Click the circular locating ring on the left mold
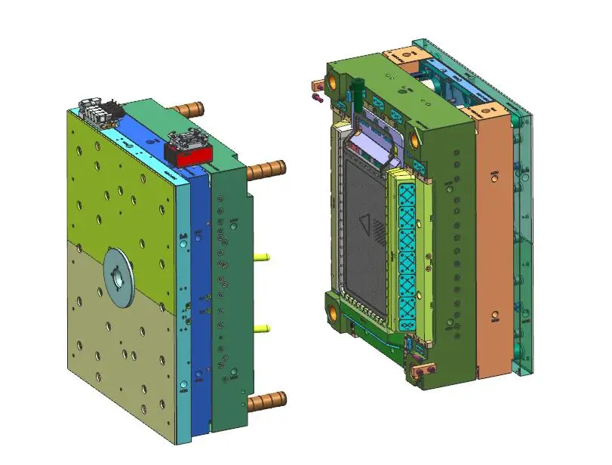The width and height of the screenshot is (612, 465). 118,276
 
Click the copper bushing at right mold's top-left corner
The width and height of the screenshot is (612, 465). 332,78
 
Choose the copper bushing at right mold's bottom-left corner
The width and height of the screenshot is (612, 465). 332,309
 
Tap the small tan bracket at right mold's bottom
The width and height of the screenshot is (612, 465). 427,370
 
